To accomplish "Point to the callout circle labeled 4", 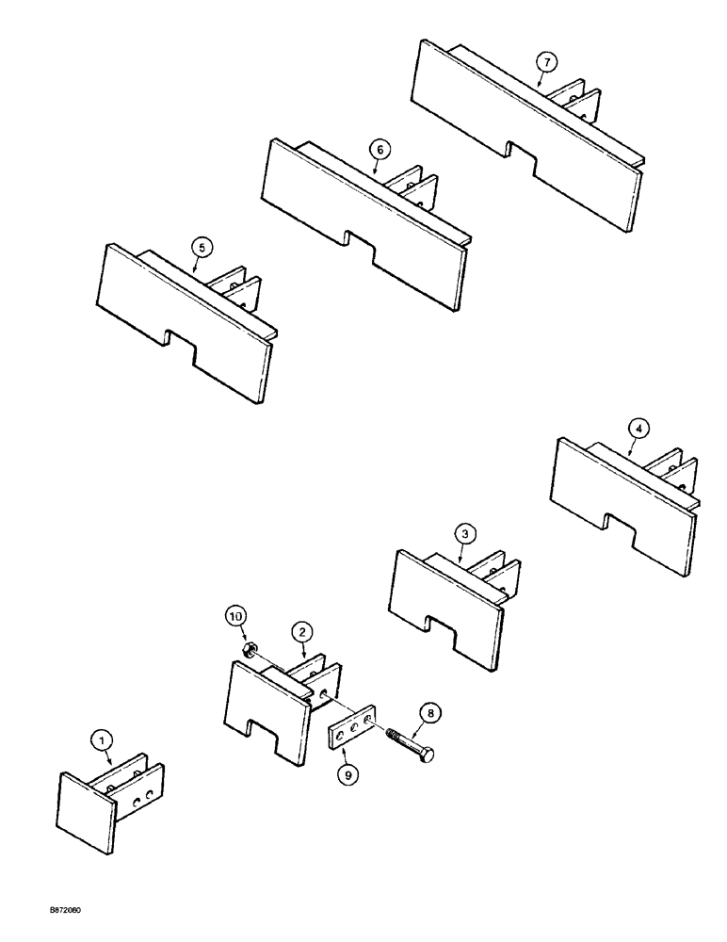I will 638,429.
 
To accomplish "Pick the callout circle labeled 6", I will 378,150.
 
